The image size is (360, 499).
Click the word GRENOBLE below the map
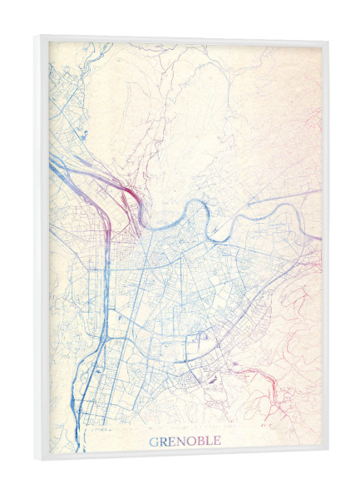click(x=185, y=441)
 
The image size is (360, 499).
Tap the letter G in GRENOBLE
click(x=152, y=441)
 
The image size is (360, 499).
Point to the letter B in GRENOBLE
click(x=200, y=441)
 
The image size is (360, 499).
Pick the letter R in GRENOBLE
click(x=162, y=441)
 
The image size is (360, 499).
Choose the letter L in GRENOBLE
click(x=209, y=441)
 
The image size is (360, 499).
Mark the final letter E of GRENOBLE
click(x=217, y=441)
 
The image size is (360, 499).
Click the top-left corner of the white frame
click(x=37, y=36)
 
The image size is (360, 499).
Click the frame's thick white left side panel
click(x=42, y=249)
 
